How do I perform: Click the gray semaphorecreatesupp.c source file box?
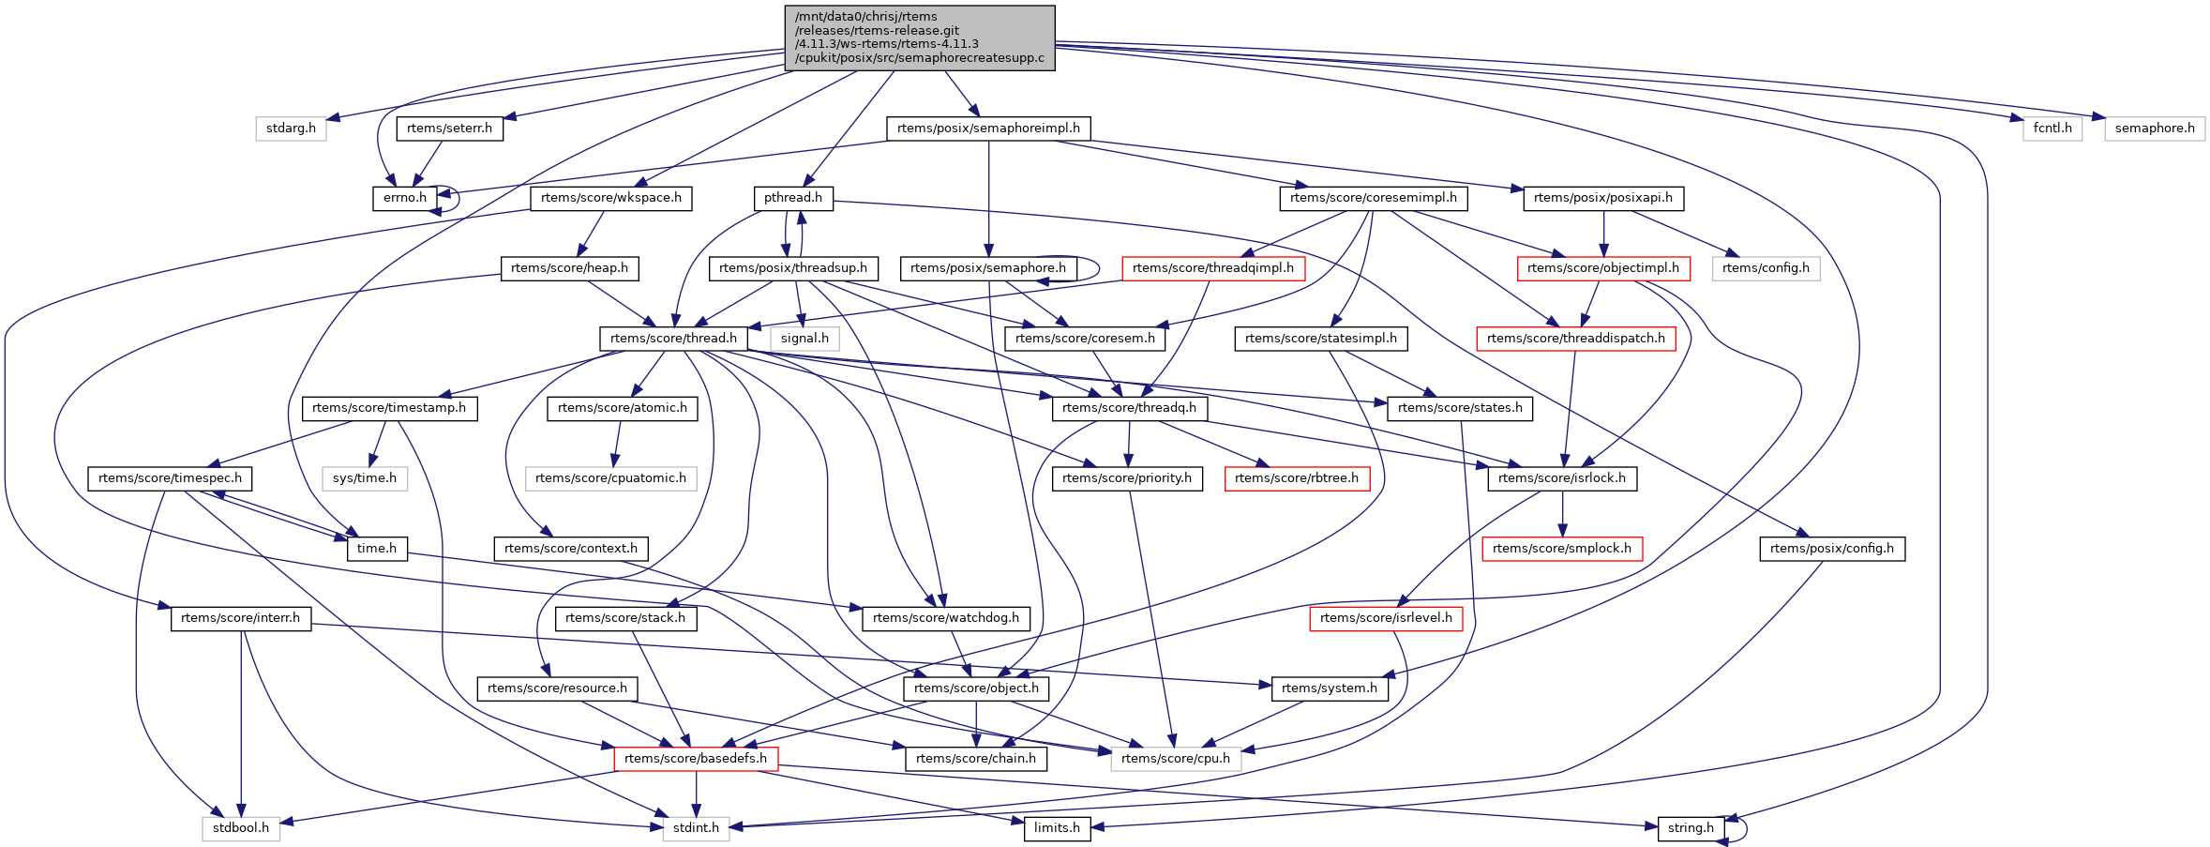pos(919,38)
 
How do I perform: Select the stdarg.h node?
pos(291,129)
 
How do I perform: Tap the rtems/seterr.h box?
pos(449,129)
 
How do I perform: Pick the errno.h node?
pos(404,198)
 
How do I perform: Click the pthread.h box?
pos(792,198)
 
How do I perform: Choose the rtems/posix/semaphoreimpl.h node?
pos(988,129)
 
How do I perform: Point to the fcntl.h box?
pos(2052,129)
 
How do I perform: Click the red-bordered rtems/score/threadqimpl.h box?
pos(1212,268)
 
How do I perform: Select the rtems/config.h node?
pos(1766,268)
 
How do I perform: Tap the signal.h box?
pos(804,339)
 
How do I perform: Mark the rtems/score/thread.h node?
pos(673,339)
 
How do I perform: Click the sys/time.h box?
pos(365,478)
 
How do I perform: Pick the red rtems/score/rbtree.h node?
pos(1296,478)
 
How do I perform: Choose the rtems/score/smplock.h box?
pos(1561,549)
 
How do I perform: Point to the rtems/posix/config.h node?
pos(1831,549)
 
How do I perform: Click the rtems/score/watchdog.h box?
pos(945,618)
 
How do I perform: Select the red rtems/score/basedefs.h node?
pos(695,759)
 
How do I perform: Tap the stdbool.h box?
pos(241,828)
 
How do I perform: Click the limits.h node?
pos(1057,828)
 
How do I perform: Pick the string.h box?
pos(1690,828)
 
